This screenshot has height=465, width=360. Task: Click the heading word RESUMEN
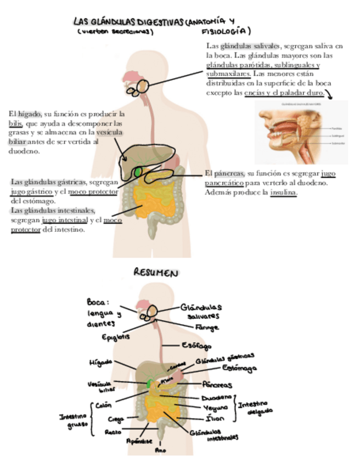click(x=156, y=273)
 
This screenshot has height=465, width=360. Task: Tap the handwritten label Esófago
click(x=196, y=346)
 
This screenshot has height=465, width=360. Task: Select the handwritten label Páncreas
click(x=217, y=385)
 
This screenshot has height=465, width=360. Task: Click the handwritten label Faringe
click(x=207, y=327)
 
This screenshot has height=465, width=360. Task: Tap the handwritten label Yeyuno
click(x=216, y=408)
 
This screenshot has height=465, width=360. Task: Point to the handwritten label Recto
click(x=113, y=432)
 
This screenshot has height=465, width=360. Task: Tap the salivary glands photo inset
click(x=301, y=132)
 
